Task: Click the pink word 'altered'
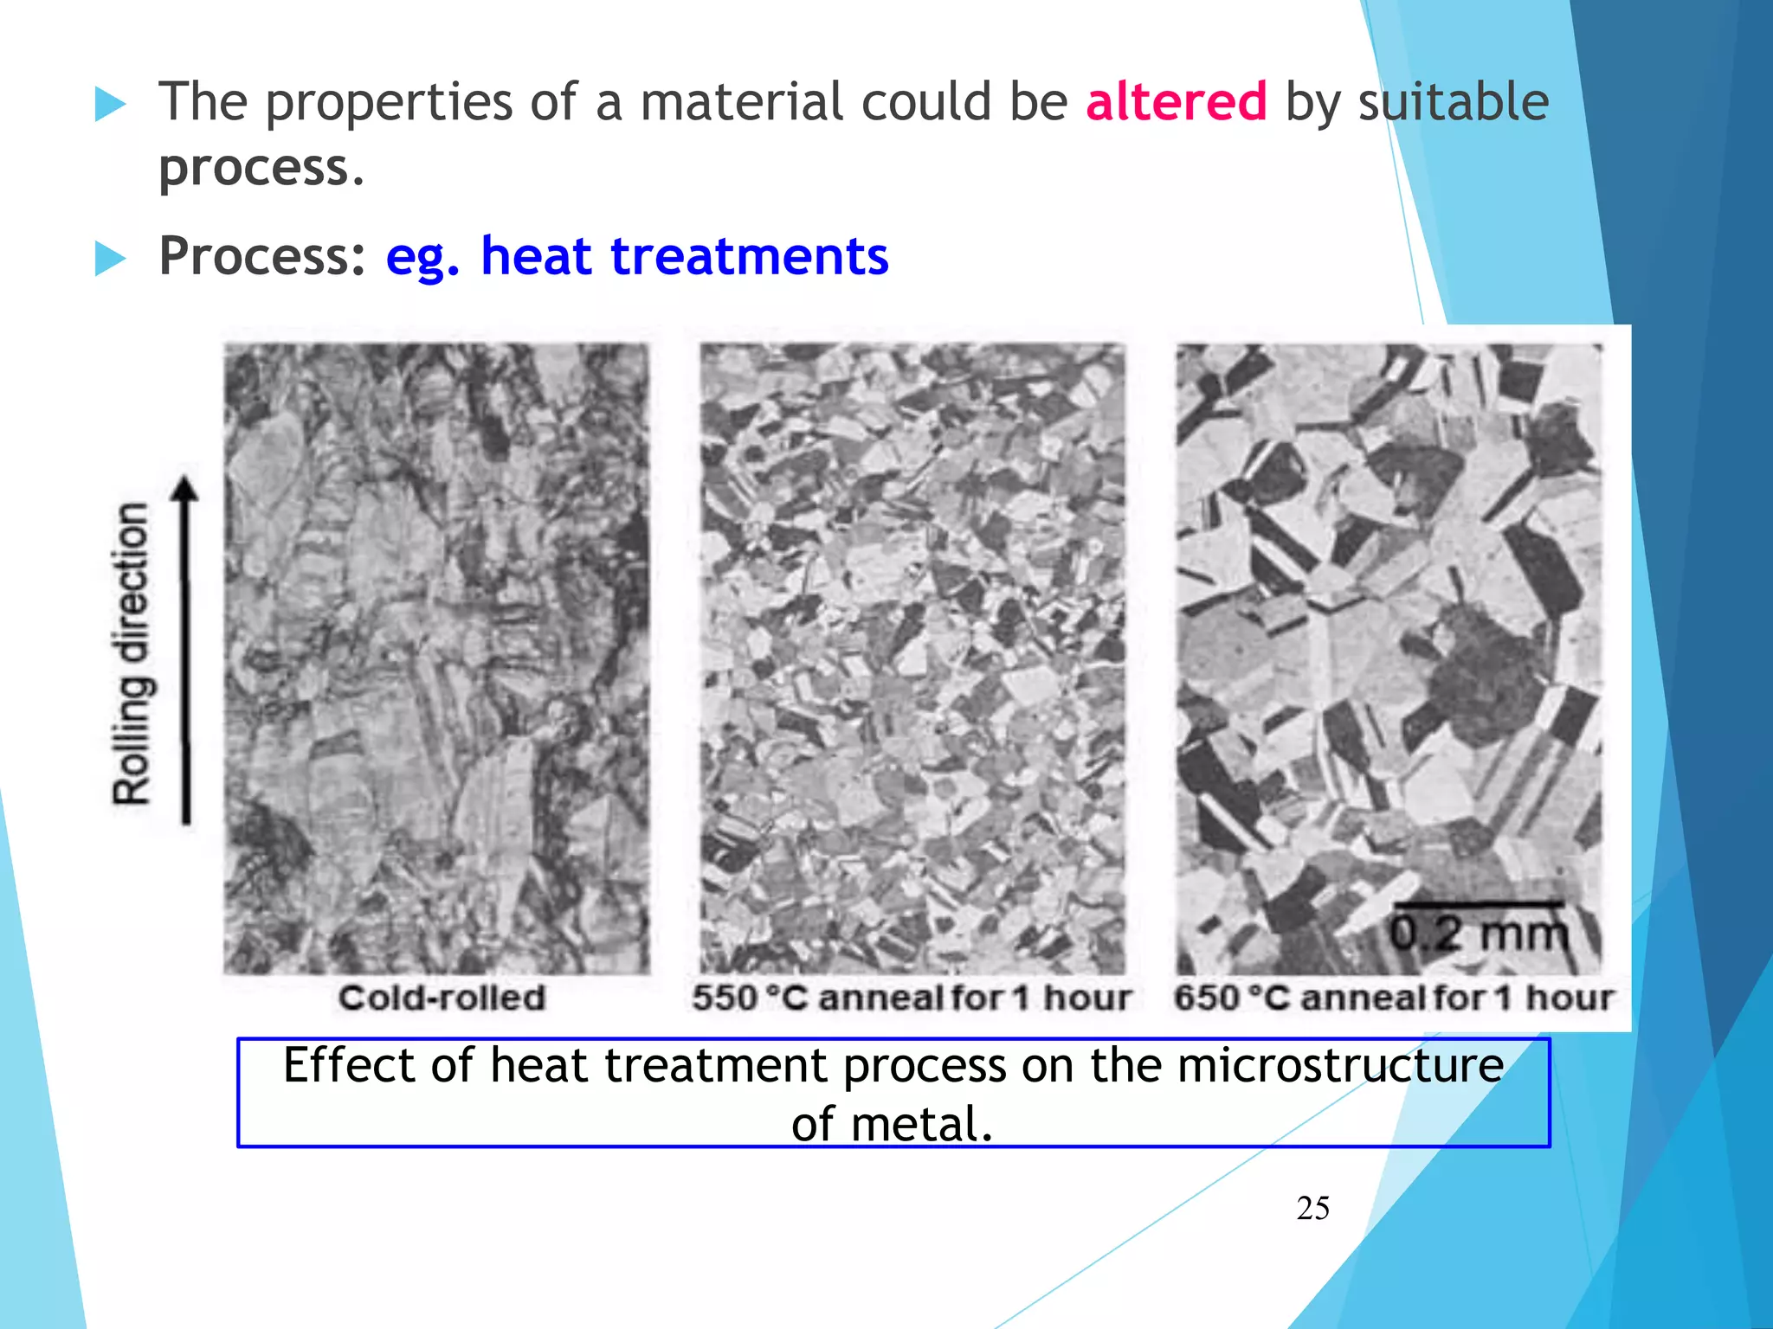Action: [1176, 102]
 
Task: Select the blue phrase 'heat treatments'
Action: [684, 256]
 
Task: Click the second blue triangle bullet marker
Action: [110, 258]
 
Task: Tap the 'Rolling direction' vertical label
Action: [132, 653]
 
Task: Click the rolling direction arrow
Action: [184, 649]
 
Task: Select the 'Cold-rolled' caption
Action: [442, 998]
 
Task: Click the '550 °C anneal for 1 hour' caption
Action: [911, 998]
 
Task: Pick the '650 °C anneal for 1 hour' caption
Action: [1393, 998]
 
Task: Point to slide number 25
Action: [1312, 1208]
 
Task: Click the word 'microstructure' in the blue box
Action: [1340, 1065]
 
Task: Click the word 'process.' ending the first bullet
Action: [261, 169]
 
